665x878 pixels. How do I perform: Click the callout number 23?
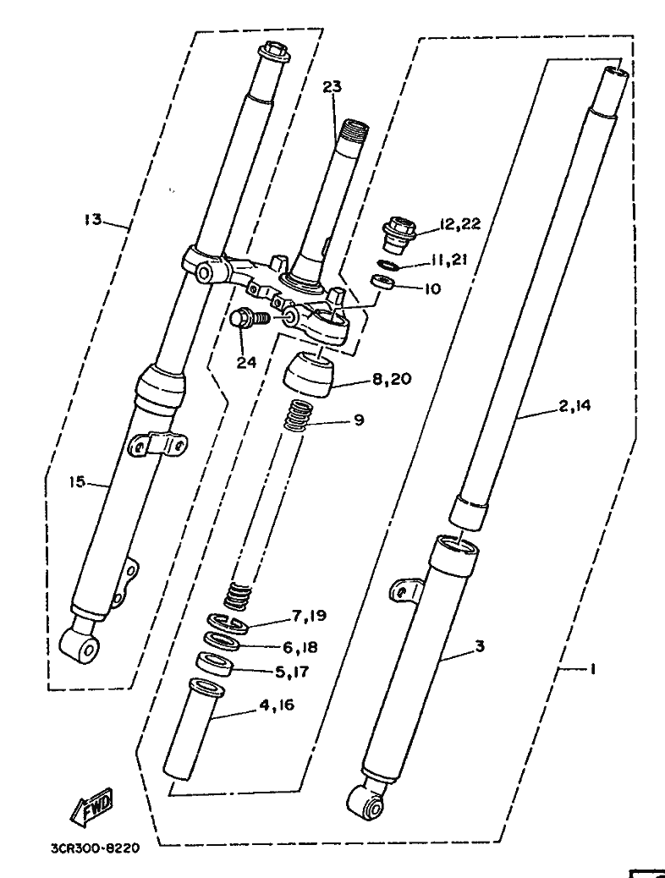tap(332, 87)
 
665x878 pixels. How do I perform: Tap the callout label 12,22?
tap(459, 224)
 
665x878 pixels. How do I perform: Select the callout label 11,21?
tap(448, 260)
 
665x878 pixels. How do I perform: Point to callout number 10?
tap(432, 289)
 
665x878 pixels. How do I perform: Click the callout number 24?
tap(246, 362)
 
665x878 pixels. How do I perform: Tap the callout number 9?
tap(359, 420)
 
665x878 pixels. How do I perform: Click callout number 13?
tap(94, 219)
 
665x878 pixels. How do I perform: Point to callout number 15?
tap(77, 481)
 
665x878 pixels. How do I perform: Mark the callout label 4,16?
tap(277, 705)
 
